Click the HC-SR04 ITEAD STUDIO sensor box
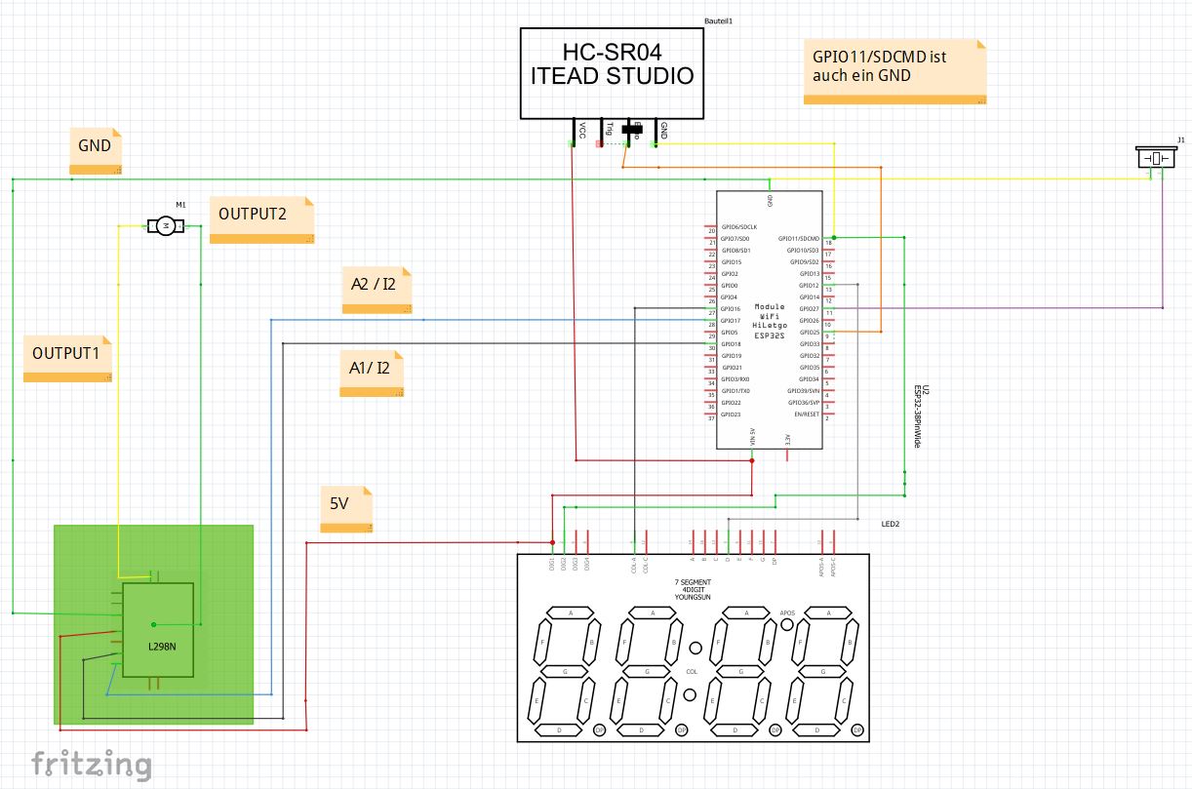pyautogui.click(x=612, y=72)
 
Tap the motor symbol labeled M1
pyautogui.click(x=166, y=226)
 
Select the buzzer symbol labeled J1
pyautogui.click(x=1157, y=158)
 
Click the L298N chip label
pyautogui.click(x=162, y=646)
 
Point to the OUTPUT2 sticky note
pyautogui.click(x=260, y=219)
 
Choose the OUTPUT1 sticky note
pyautogui.click(x=67, y=358)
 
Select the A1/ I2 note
pyautogui.click(x=372, y=373)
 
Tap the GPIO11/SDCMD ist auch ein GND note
pyautogui.click(x=894, y=71)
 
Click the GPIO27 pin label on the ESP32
pyautogui.click(x=809, y=309)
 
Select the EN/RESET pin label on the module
pyautogui.click(x=805, y=414)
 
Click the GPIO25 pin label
pyautogui.click(x=809, y=333)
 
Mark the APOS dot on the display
pyautogui.click(x=787, y=626)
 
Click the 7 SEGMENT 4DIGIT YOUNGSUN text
pyautogui.click(x=693, y=589)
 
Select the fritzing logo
pyautogui.click(x=92, y=763)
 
